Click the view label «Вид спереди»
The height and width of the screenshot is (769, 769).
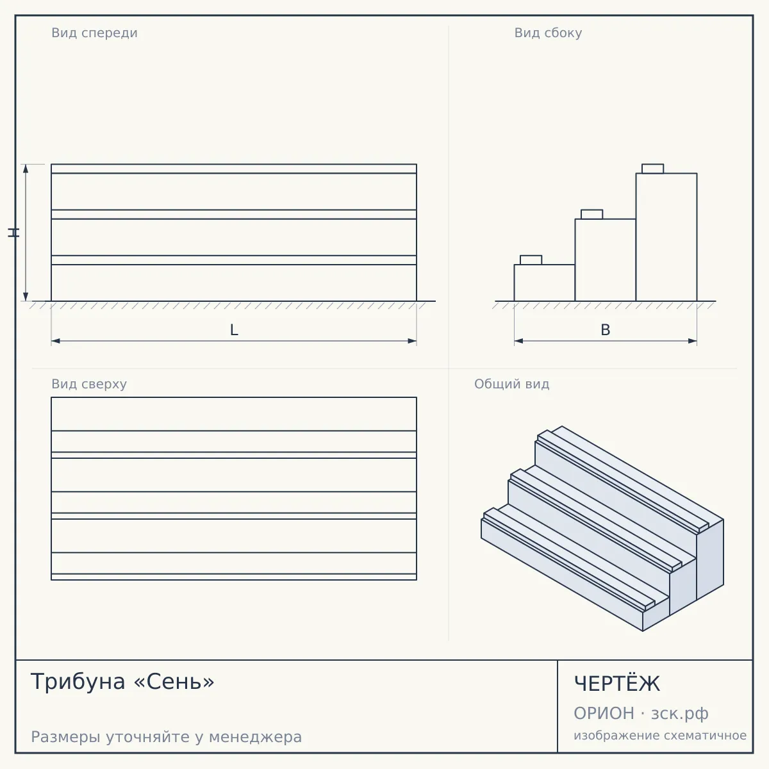95,33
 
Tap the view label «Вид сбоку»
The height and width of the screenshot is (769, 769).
548,33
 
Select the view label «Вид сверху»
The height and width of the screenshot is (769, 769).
89,384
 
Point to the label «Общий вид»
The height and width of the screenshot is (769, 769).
511,384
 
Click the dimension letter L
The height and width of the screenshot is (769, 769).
235,330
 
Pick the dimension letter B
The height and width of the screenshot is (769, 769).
606,330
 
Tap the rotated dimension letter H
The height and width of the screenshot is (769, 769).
13,233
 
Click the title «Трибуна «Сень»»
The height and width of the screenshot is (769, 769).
122,681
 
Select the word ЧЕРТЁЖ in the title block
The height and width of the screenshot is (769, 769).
617,683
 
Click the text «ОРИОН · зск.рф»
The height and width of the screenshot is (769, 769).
641,713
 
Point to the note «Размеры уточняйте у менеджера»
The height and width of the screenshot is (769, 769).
167,737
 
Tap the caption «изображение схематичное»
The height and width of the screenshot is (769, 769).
660,735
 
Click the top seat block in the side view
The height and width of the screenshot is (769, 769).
653,169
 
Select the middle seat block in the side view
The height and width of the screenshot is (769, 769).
592,214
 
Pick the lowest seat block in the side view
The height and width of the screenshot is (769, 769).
531,260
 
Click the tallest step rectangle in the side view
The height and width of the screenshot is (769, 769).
666,237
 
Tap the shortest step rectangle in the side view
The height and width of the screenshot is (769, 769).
544,283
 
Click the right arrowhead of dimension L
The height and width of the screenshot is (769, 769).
412,341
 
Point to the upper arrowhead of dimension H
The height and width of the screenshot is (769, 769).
26,169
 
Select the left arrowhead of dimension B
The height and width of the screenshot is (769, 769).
519,341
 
